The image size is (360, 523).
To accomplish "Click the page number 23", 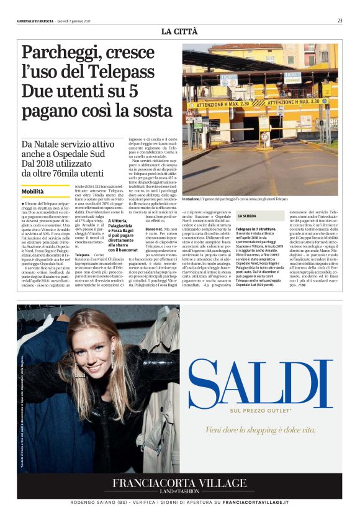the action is coord(340,20).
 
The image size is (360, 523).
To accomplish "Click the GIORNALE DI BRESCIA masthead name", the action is coord(36,21).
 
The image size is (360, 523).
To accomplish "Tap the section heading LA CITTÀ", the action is coord(179,31).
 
